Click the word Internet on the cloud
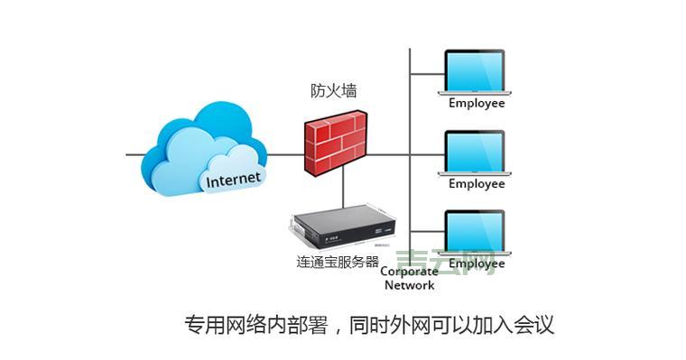coord(233,179)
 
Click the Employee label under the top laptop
coord(477,103)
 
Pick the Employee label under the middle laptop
coord(477,184)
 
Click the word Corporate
coord(409,272)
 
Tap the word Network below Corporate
coord(409,285)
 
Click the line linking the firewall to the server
coord(343,189)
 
